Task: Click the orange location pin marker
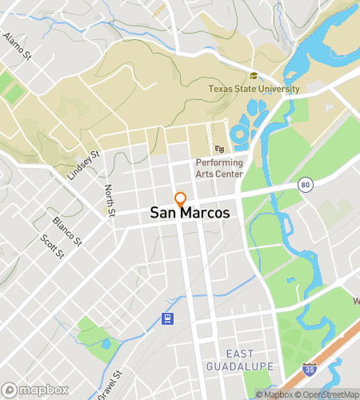pyautogui.click(x=181, y=199)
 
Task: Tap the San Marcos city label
pyautogui.click(x=190, y=214)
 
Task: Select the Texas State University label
pyautogui.click(x=254, y=89)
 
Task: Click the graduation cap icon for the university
pyautogui.click(x=254, y=76)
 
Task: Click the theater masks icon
pyautogui.click(x=219, y=149)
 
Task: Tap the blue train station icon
pyautogui.click(x=168, y=319)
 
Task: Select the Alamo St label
pyautogui.click(x=17, y=46)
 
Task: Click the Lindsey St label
pyautogui.click(x=83, y=165)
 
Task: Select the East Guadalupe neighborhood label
pyautogui.click(x=249, y=360)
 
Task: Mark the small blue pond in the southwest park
pyautogui.click(x=106, y=344)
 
